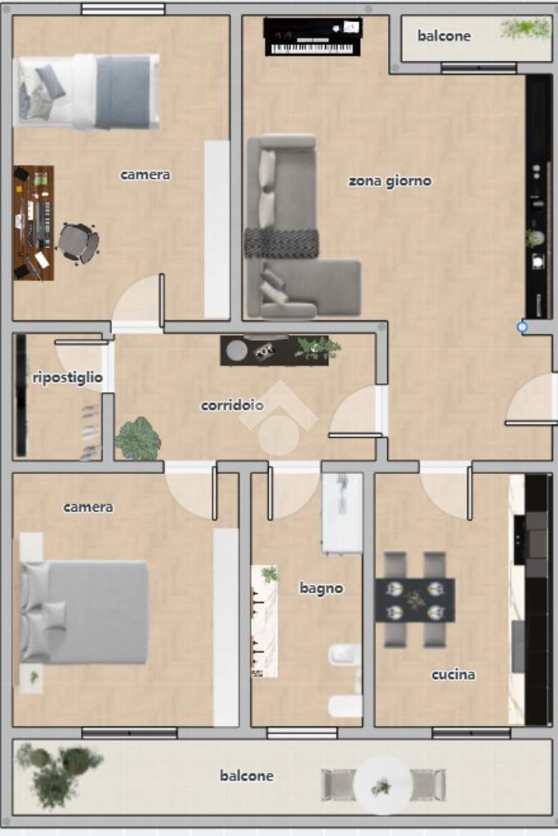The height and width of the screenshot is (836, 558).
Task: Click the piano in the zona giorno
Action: click(312, 37)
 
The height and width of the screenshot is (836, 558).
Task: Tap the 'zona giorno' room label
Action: click(390, 181)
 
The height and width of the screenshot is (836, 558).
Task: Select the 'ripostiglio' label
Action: click(67, 378)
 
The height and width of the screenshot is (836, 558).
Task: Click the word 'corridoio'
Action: click(232, 405)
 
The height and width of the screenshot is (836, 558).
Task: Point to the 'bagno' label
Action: click(321, 588)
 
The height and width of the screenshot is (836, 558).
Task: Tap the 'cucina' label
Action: click(453, 675)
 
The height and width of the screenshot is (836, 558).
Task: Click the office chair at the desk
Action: click(78, 244)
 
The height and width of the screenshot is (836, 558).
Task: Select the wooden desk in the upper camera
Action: click(33, 223)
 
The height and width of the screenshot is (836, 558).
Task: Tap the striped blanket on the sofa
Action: click(281, 243)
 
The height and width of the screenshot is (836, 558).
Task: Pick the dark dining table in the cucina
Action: click(415, 600)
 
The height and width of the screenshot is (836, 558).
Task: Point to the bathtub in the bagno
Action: click(341, 512)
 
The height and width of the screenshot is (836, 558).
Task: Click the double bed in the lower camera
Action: click(83, 611)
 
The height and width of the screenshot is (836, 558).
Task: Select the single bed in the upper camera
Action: click(87, 92)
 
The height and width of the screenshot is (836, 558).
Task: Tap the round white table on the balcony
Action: click(382, 785)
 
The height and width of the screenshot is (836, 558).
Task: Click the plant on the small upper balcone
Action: click(525, 29)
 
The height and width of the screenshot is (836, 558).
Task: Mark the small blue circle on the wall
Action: click(522, 327)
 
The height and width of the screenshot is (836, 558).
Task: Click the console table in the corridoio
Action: click(275, 351)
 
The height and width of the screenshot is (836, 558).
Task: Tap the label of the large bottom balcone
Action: click(247, 776)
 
